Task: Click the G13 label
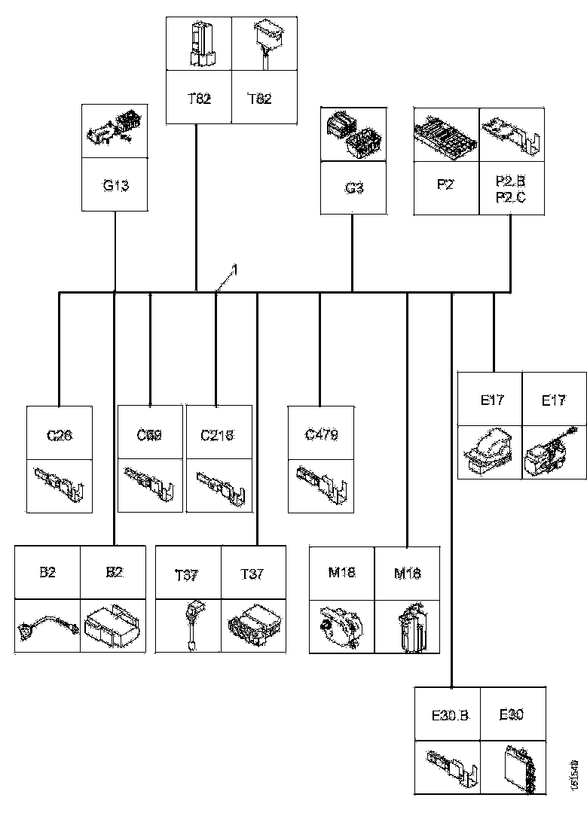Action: pos(115,185)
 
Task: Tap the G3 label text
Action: pos(354,187)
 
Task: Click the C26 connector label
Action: pos(60,434)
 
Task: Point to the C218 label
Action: pos(217,434)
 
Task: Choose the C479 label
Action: pos(321,434)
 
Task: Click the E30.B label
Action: pos(450,715)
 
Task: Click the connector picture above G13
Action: pos(115,130)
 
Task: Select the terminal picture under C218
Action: pos(219,483)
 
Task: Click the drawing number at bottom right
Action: pos(575,775)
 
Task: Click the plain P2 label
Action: pos(446,183)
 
